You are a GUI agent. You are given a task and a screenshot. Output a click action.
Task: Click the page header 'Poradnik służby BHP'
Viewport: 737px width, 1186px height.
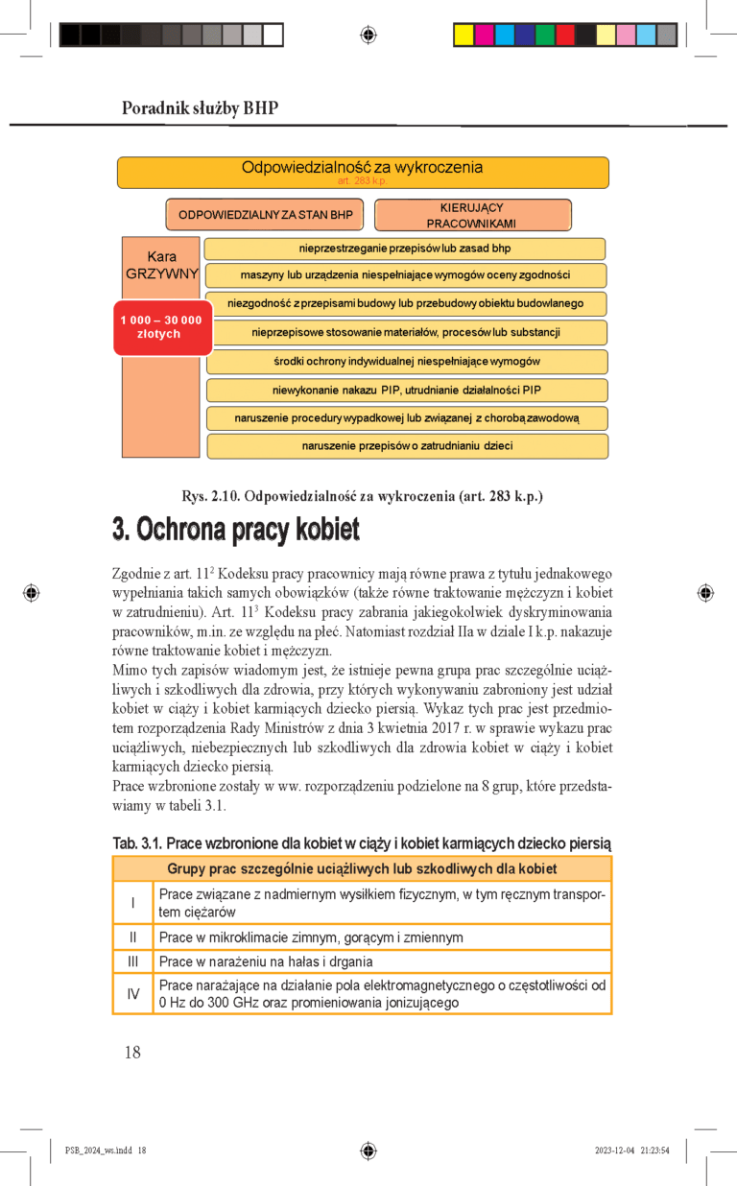pyautogui.click(x=200, y=108)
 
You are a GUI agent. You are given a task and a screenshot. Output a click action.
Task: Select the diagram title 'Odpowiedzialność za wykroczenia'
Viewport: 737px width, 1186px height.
pyautogui.click(x=362, y=168)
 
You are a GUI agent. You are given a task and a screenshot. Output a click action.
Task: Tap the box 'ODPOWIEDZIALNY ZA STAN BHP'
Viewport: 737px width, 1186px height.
pyautogui.click(x=265, y=215)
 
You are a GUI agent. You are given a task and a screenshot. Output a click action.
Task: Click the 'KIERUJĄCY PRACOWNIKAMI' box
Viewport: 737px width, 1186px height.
pyautogui.click(x=471, y=215)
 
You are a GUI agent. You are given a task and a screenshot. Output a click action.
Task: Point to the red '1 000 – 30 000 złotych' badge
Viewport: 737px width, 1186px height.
pyautogui.click(x=161, y=327)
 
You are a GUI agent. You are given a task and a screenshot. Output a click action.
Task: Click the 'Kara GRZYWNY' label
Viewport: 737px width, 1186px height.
pyautogui.click(x=161, y=265)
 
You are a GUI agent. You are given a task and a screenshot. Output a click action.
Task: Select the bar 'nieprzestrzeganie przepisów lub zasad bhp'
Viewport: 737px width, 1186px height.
pyautogui.click(x=405, y=249)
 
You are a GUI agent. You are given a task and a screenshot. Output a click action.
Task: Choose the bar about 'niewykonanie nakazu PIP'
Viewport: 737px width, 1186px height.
pyautogui.click(x=407, y=391)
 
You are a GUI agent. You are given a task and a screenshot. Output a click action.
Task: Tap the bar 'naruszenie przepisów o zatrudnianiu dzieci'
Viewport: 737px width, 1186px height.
pyautogui.click(x=407, y=446)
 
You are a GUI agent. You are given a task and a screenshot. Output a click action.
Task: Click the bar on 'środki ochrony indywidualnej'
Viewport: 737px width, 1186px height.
pyautogui.click(x=407, y=362)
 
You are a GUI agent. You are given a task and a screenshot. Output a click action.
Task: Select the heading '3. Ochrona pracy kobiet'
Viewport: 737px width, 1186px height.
pyautogui.click(x=236, y=530)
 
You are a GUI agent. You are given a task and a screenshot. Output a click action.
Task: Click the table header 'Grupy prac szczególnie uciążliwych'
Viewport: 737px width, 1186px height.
pyautogui.click(x=362, y=869)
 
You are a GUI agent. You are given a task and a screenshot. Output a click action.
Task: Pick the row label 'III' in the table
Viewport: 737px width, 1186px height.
pyautogui.click(x=132, y=961)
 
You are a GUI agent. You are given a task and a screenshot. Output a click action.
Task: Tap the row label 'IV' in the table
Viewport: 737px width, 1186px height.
pyautogui.click(x=132, y=994)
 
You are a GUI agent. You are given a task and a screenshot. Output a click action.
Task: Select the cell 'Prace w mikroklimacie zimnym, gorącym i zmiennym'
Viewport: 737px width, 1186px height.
pyautogui.click(x=311, y=937)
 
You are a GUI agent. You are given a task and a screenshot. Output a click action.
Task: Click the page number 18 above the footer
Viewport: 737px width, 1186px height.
pyautogui.click(x=132, y=1053)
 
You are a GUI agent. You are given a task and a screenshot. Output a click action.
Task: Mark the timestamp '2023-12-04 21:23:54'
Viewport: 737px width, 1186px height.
pyautogui.click(x=631, y=1150)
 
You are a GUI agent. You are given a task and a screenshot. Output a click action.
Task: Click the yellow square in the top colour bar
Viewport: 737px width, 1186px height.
pyautogui.click(x=463, y=36)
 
